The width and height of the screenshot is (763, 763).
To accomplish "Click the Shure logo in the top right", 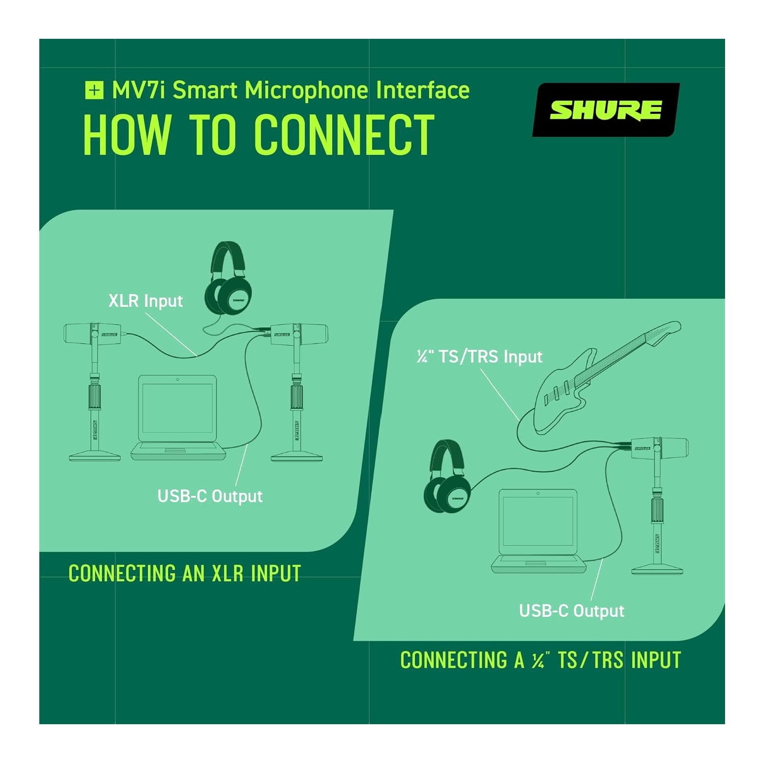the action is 606,110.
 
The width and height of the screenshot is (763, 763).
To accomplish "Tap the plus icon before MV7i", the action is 94,90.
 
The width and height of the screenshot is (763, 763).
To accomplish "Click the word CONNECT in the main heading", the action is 344,135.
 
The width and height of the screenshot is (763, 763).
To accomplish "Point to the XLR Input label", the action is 145,301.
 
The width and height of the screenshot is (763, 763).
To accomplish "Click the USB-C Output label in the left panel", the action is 210,496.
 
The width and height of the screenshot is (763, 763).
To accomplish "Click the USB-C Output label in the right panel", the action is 572,611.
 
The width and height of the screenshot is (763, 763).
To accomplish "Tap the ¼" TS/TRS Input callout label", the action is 479,356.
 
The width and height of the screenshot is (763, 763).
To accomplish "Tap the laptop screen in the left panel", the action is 177,409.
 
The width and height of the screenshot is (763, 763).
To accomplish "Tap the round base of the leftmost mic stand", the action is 95,455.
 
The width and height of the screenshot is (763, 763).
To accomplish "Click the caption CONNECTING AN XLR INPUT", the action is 185,574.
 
